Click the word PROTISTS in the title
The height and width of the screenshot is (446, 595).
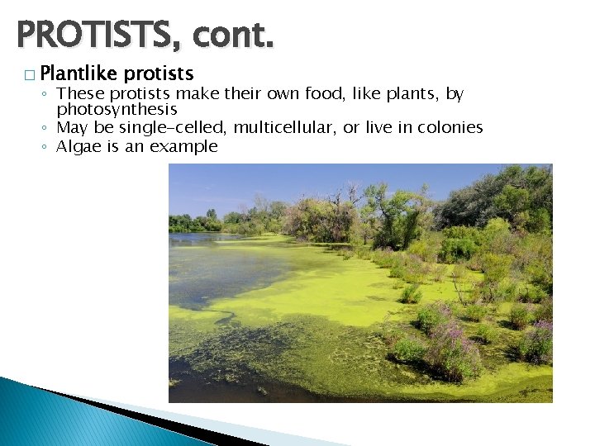[98, 36]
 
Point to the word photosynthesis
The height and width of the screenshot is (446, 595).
[117, 109]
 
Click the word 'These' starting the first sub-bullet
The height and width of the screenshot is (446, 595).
[76, 94]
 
